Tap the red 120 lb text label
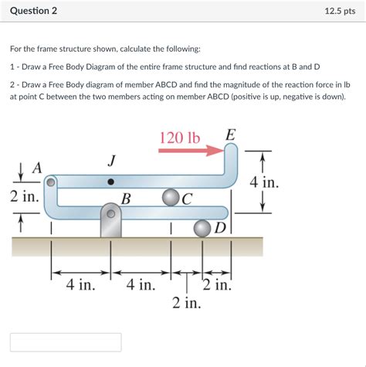point(180,138)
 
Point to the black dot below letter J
point(112,182)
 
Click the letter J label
point(112,161)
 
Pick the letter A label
point(36,168)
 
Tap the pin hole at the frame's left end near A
point(51,183)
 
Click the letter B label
point(126,199)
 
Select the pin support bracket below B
point(112,223)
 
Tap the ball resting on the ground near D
point(202,228)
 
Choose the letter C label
point(187,199)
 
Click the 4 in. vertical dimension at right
point(264,183)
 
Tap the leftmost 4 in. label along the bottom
point(80,285)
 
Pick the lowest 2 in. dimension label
point(186,302)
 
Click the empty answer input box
point(66,342)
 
